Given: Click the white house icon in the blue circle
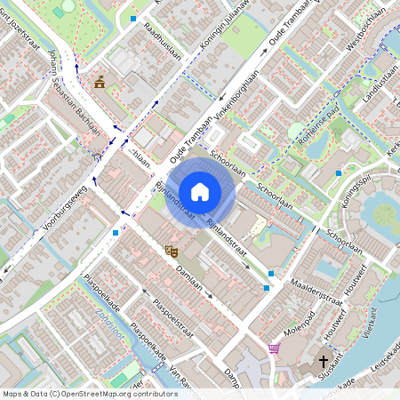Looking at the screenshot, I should pos(200,191).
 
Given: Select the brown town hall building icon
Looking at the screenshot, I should pos(99,83).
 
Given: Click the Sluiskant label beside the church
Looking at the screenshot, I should pos(341,377).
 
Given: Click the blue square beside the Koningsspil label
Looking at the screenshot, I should pos(339,172).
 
